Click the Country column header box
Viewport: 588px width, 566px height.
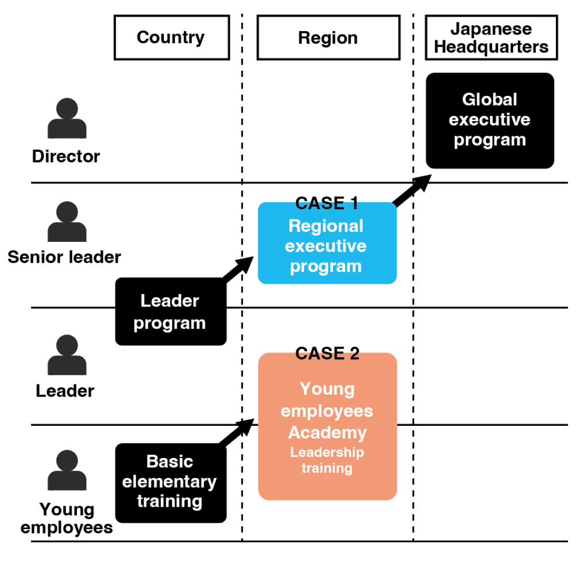click(x=171, y=38)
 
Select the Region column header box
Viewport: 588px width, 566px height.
click(x=327, y=38)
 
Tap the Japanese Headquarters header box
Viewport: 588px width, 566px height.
click(x=491, y=38)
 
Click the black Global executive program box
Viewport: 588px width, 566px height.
click(x=490, y=120)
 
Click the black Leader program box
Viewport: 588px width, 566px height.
click(x=171, y=311)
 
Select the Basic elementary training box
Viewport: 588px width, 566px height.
click(x=171, y=483)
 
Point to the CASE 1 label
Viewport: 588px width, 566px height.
click(x=327, y=203)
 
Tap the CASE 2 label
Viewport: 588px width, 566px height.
click(x=327, y=353)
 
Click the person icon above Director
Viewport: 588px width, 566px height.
click(x=67, y=118)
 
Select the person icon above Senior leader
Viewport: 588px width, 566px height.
click(x=67, y=221)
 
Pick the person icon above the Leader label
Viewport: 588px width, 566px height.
click(x=67, y=355)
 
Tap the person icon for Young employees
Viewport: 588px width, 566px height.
click(x=67, y=470)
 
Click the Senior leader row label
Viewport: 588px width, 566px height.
click(x=64, y=256)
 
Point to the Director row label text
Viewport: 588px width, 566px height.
click(x=66, y=156)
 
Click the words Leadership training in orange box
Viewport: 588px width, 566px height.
click(x=327, y=460)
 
